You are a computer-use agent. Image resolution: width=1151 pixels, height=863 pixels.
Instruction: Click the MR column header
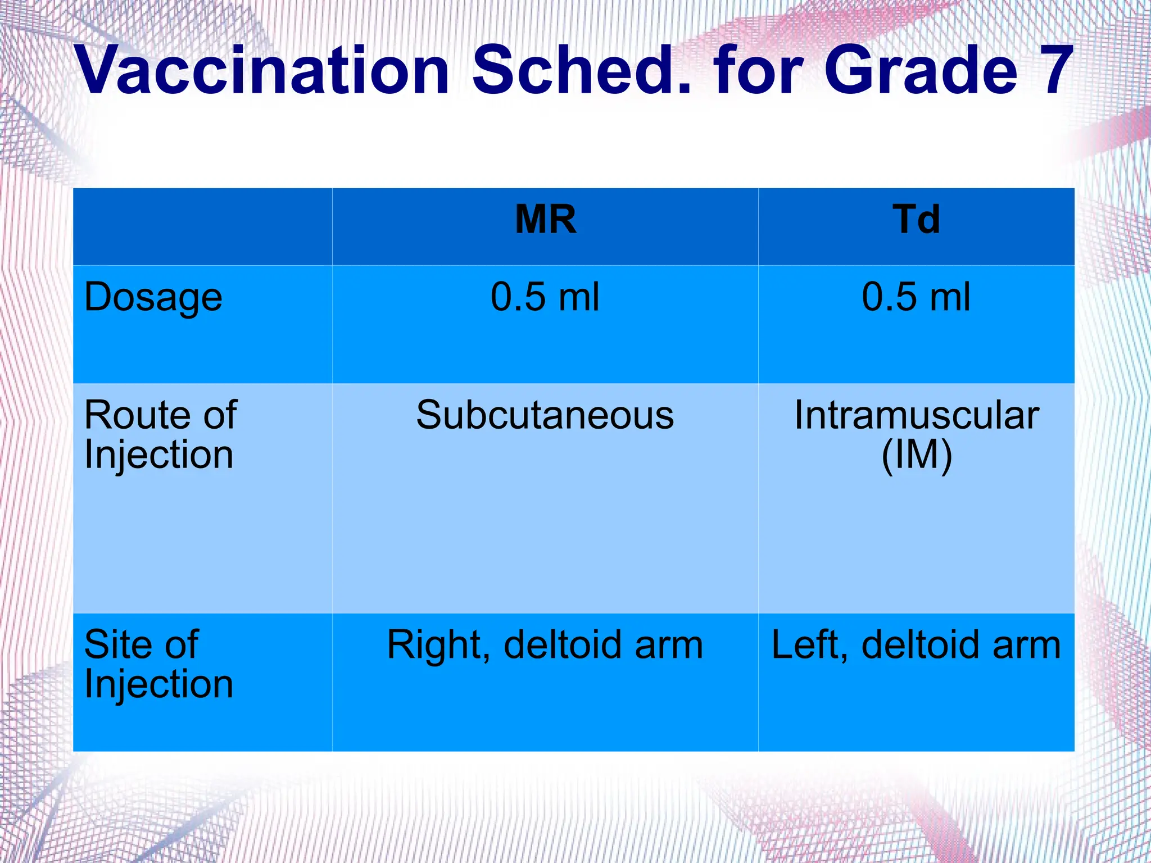click(545, 220)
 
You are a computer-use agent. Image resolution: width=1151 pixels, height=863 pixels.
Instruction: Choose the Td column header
click(916, 220)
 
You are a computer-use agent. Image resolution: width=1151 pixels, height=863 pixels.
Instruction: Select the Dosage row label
click(153, 298)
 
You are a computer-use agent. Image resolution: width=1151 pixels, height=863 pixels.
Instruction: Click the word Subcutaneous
click(545, 415)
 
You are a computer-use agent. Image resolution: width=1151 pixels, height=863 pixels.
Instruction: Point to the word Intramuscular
click(916, 415)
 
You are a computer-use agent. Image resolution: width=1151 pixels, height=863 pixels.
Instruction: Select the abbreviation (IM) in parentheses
click(917, 455)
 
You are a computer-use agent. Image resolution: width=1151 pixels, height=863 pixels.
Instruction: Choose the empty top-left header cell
click(202, 226)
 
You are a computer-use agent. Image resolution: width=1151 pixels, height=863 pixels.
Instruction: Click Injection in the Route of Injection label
click(158, 456)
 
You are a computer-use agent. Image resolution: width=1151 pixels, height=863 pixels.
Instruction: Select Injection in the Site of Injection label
click(158, 685)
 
